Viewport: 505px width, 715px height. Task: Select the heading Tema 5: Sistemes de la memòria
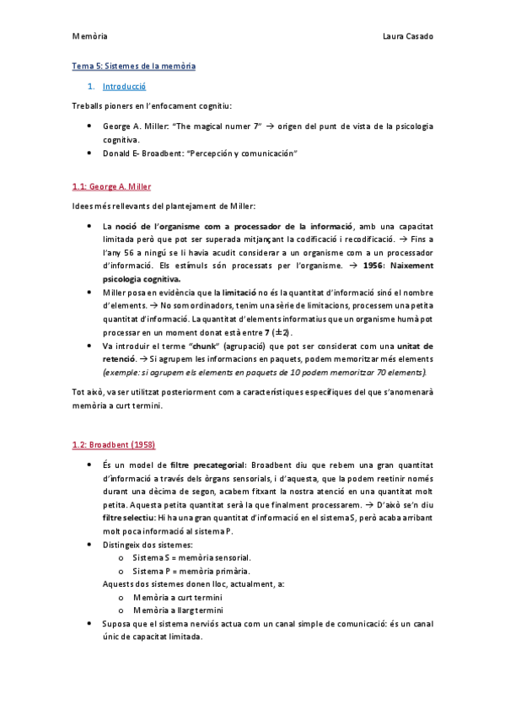(133, 65)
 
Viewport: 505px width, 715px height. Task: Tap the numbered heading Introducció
(124, 86)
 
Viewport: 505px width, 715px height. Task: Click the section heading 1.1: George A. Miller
(111, 185)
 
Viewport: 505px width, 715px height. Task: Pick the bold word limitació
(243, 292)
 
